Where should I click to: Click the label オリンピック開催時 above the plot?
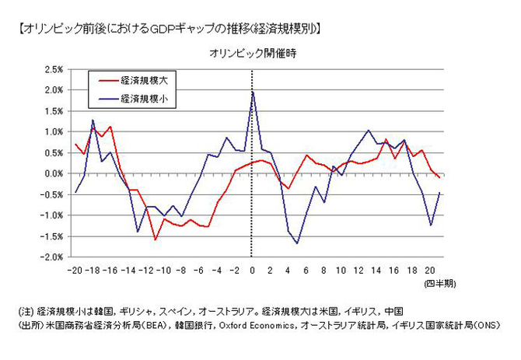pos(250,54)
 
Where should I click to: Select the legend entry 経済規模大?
pos(144,80)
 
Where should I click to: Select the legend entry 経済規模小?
pos(144,99)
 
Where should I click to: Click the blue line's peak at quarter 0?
pos(252,92)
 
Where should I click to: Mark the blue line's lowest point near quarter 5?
pos(296,243)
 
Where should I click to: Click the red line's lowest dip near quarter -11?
pos(155,239)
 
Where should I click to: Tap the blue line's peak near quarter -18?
pos(93,121)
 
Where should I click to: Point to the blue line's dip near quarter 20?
pos(431,225)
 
